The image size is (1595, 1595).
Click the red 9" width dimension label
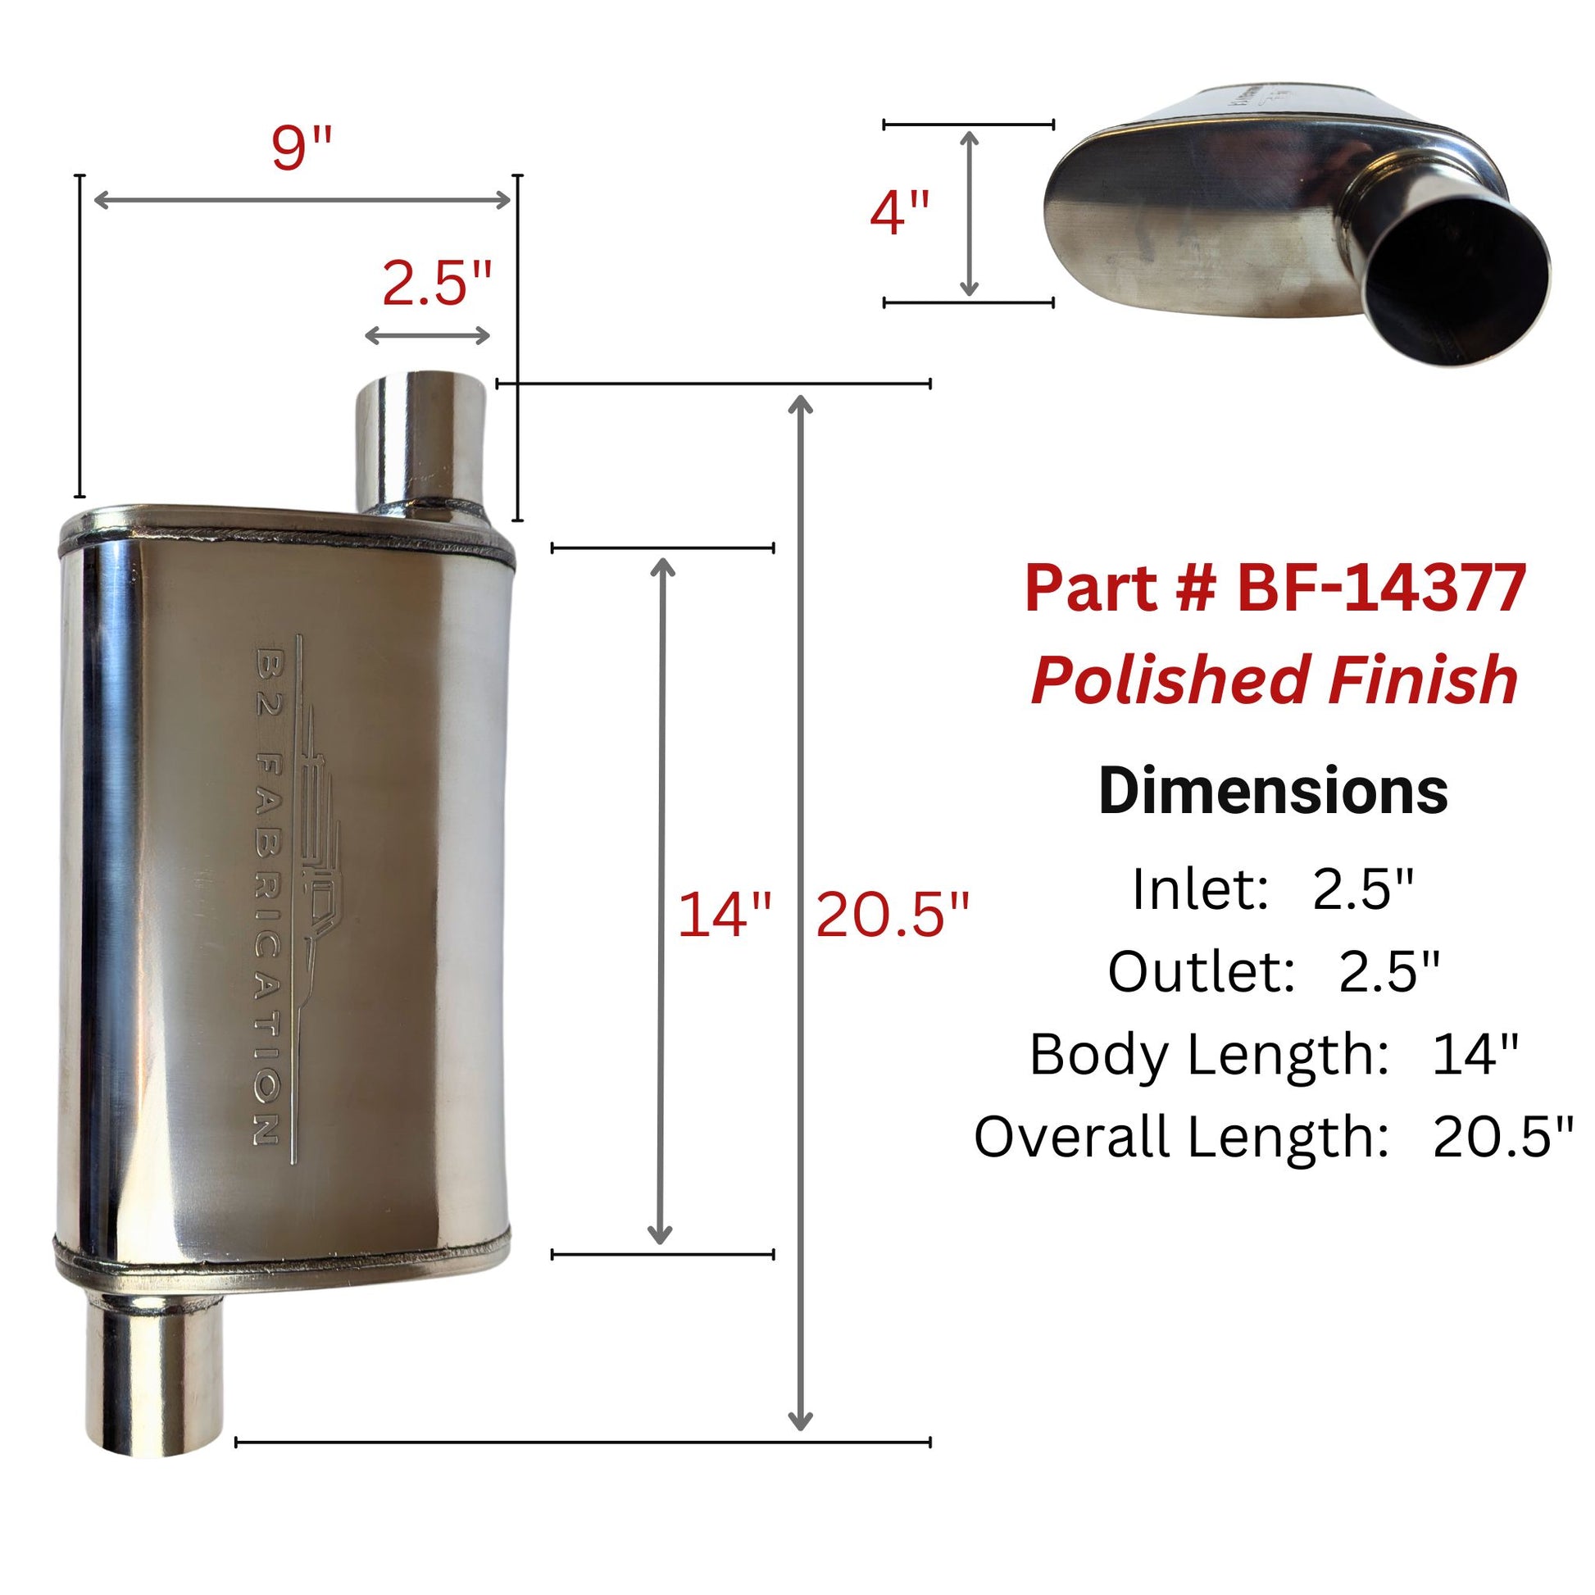[x=302, y=149]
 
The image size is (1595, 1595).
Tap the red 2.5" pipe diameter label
[x=437, y=284]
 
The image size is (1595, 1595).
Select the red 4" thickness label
[x=899, y=213]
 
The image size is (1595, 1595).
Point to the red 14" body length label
[x=724, y=916]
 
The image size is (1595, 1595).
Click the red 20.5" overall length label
[x=893, y=916]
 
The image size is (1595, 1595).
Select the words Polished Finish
[x=1275, y=679]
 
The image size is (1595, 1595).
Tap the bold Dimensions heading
[x=1273, y=791]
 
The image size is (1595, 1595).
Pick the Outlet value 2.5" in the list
[x=1388, y=972]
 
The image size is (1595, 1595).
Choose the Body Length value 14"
[x=1475, y=1054]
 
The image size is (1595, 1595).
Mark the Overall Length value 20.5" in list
[x=1503, y=1137]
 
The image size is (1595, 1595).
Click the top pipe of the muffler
[x=421, y=444]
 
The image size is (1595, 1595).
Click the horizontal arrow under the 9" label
[x=302, y=200]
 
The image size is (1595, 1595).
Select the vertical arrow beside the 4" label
[x=970, y=213]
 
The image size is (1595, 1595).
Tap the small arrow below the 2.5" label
[x=428, y=335]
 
